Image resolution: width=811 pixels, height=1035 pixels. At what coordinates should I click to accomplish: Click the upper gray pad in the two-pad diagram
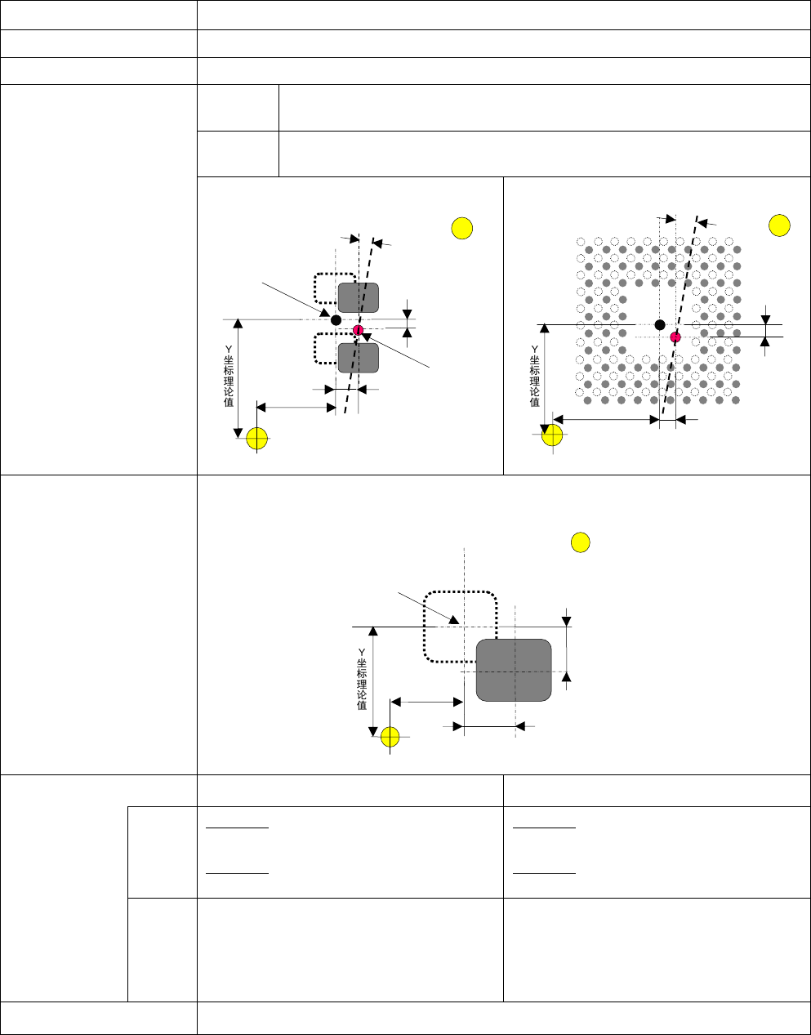[x=359, y=297]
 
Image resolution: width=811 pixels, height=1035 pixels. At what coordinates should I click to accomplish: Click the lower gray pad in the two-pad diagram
[x=359, y=358]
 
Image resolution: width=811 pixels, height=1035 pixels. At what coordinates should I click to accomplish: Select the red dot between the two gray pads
[x=358, y=330]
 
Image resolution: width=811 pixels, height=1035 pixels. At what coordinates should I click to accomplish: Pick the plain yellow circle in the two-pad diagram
[x=462, y=228]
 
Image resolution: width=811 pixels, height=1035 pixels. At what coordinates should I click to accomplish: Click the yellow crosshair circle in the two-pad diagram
[x=257, y=438]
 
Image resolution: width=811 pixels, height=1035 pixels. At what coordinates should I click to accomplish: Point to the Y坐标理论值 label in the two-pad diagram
[x=229, y=376]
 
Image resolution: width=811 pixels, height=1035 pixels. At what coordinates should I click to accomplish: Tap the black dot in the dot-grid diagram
[x=660, y=325]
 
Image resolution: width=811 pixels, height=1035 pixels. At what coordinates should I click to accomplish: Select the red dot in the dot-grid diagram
[x=675, y=337]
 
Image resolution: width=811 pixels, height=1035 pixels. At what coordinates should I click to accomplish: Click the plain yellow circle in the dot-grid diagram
[x=779, y=225]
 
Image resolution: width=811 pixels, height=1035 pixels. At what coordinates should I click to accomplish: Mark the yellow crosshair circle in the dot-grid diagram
[x=553, y=435]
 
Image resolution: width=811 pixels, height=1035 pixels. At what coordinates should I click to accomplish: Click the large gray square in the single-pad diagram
[x=514, y=670]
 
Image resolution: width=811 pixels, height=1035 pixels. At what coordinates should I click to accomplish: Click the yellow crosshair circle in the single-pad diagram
[x=390, y=736]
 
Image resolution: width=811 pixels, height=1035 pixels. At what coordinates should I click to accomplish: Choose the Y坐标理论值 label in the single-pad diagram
[x=362, y=678]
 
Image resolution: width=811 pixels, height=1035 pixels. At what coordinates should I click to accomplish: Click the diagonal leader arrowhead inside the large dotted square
[x=452, y=621]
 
